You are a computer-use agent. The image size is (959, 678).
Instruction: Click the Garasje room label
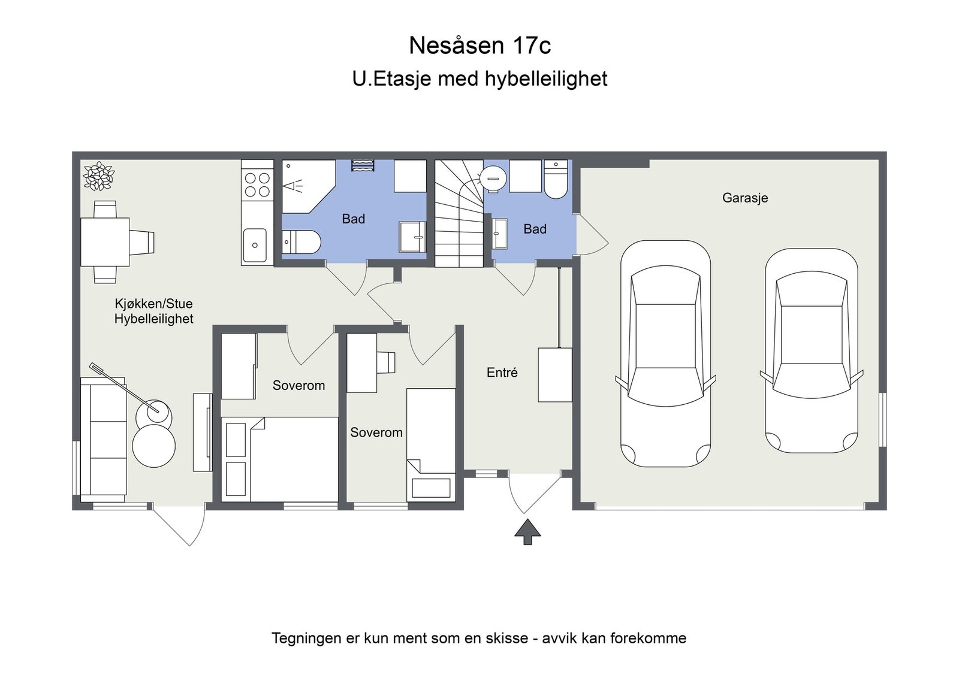744,198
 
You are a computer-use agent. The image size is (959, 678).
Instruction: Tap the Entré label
502,373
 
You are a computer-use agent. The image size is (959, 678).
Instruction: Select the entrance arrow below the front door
527,532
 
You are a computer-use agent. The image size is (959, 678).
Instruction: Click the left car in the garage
665,353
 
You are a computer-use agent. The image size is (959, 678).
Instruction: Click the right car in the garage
811,350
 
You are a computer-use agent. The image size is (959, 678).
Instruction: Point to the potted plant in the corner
98,176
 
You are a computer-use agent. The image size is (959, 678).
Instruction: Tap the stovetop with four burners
257,184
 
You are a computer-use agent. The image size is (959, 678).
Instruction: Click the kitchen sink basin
255,245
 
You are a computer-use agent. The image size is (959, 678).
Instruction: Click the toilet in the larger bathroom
301,242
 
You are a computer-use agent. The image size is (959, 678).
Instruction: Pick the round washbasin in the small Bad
493,178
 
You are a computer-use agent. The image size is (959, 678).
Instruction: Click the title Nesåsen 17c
479,46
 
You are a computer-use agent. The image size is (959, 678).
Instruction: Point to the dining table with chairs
105,242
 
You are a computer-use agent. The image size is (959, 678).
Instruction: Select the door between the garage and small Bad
590,236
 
